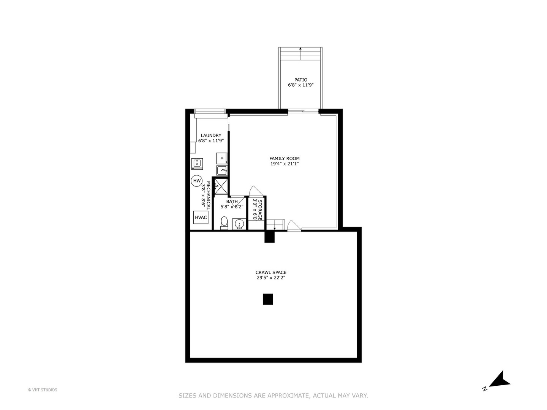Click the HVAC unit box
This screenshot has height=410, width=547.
pos(201,218)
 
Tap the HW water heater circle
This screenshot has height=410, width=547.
pos(197,181)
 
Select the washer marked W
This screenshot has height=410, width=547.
pos(197,163)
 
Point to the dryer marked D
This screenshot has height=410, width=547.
pos(222,158)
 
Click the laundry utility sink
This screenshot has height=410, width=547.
pos(222,170)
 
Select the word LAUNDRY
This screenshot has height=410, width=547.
pos(211,136)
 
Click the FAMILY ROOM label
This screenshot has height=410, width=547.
pos(285,159)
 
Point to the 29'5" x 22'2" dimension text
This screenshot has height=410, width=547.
pos(271,278)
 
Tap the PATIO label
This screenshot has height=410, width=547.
pos(301,80)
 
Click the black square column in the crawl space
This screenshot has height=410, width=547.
pos(268,299)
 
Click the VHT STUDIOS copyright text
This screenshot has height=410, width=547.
pos(43,390)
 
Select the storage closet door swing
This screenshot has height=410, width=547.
pos(253,191)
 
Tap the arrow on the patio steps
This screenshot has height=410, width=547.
pos(300,49)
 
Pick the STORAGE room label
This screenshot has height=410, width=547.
pos(260,210)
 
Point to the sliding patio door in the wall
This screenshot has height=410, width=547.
pos(303,111)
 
